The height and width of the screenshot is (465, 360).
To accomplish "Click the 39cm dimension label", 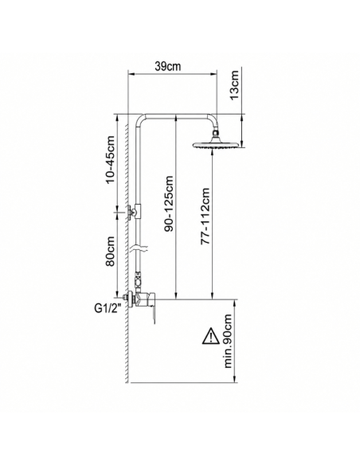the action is coord(167,66).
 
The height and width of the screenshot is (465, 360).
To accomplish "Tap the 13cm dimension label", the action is coord(235,85).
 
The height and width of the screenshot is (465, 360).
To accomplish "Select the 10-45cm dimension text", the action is coord(110,159).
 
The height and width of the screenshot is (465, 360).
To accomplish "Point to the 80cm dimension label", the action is coord(110,251).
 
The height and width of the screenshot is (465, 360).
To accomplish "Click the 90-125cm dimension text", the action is coord(169,204).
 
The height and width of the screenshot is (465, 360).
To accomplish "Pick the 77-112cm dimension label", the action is coord(205,216).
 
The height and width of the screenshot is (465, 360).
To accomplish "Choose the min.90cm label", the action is coord(228,341).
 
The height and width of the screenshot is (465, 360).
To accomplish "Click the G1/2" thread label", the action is coord(108,309).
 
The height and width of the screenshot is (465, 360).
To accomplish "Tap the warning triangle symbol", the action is coord(210,336).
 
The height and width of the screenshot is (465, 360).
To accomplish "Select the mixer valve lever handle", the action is coord(153,315).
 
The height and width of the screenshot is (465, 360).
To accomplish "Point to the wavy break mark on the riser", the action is coord(140,248).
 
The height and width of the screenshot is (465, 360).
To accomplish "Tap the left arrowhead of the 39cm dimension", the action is coord(131,74).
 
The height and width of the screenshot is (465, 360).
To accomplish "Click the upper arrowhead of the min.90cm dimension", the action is coord(236,303).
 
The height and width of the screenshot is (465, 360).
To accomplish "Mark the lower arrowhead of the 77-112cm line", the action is coord(212,295).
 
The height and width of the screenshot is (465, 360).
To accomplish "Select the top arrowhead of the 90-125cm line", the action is coord(176,118).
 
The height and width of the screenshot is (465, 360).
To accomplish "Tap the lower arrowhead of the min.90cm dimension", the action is coord(236,379).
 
